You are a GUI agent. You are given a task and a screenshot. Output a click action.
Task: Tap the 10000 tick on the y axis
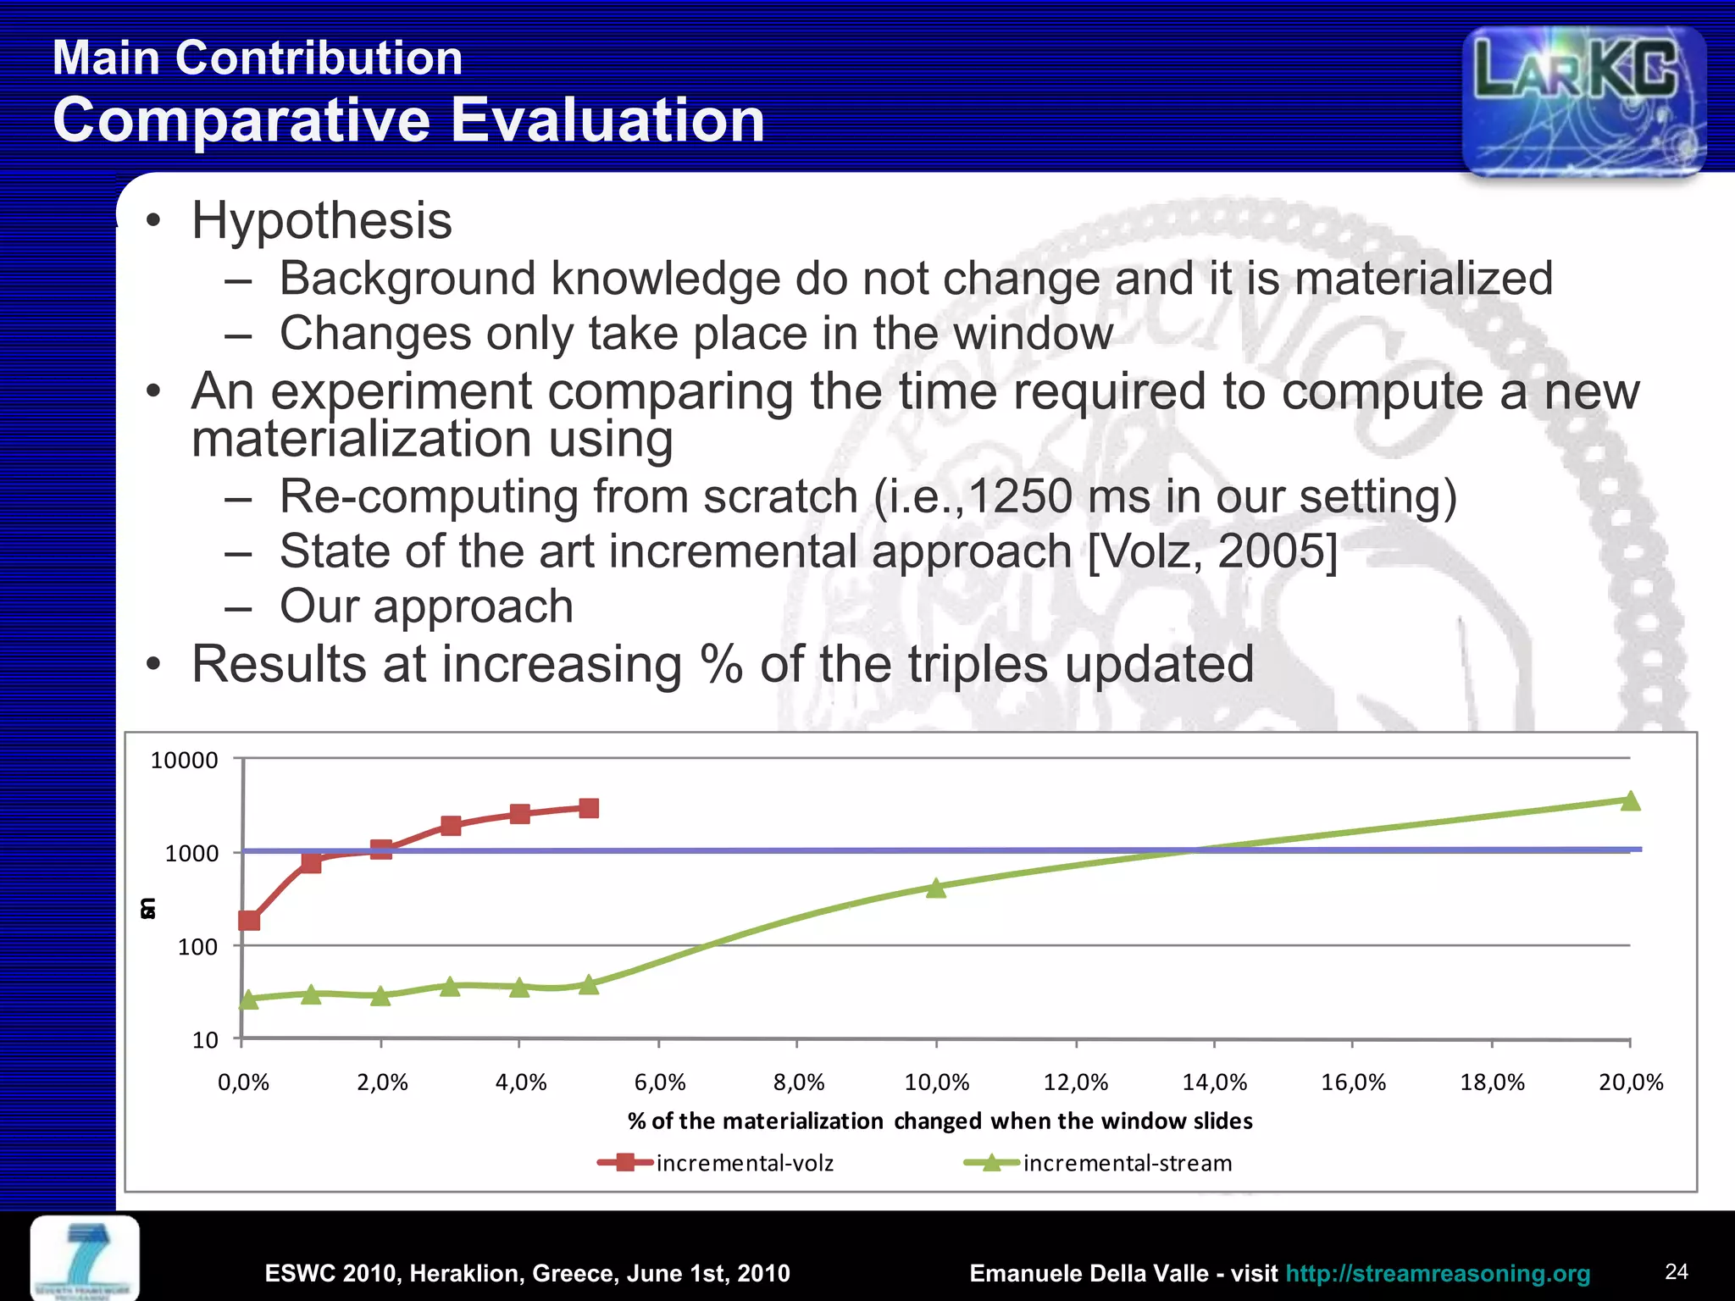pyautogui.click(x=184, y=760)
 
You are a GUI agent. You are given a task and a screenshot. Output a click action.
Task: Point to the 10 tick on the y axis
pyautogui.click(x=205, y=1040)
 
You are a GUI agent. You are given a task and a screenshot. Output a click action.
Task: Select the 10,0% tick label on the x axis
pyautogui.click(x=936, y=1082)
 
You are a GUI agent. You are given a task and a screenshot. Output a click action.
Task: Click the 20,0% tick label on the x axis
pyautogui.click(x=1631, y=1082)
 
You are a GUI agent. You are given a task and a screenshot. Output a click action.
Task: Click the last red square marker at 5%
pyautogui.click(x=589, y=808)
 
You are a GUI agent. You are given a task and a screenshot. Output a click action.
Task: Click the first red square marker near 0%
pyautogui.click(x=249, y=920)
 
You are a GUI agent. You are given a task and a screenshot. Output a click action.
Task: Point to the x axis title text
pyautogui.click(x=940, y=1121)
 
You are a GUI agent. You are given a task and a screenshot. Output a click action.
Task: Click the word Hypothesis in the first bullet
pyautogui.click(x=321, y=221)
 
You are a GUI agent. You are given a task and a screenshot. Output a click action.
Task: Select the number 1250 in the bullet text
pyautogui.click(x=1019, y=496)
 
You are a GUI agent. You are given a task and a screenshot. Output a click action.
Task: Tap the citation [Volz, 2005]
pyautogui.click(x=1212, y=552)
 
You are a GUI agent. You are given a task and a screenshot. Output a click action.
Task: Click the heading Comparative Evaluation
pyautogui.click(x=408, y=120)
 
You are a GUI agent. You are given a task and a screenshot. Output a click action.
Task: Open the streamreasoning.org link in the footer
pyautogui.click(x=1438, y=1273)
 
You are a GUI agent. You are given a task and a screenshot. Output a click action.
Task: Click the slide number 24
pyautogui.click(x=1676, y=1271)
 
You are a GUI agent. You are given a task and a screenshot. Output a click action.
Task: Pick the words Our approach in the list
pyautogui.click(x=426, y=606)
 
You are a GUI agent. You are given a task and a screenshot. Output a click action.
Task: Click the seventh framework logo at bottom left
pyautogui.click(x=85, y=1258)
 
